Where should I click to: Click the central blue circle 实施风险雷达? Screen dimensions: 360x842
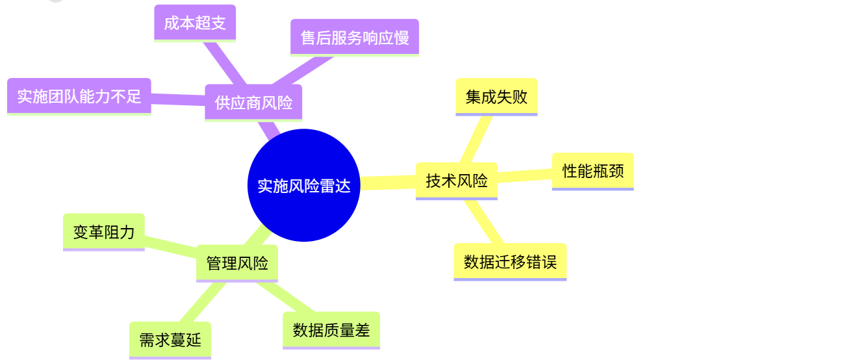coord(303,185)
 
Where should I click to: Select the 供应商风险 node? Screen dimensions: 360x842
coord(253,102)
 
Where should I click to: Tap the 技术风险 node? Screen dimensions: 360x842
coord(456,180)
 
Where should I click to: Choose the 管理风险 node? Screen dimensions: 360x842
coord(236,263)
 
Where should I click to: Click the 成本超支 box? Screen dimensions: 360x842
coord(195,23)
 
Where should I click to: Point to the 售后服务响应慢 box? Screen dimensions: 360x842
coord(354,37)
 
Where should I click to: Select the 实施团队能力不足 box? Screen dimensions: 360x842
coord(79,96)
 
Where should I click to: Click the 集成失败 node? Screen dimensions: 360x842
coord(496,96)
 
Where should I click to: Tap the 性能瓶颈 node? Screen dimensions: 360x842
coord(593,171)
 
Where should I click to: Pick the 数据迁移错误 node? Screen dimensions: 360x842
coord(510,261)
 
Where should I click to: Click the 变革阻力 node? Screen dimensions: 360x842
coord(104,231)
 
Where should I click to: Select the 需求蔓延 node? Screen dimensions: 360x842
coord(170,339)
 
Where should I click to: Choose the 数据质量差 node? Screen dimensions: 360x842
coord(331,329)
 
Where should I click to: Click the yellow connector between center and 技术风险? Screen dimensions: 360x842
coord(388,183)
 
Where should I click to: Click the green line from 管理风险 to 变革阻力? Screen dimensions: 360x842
coord(170,246)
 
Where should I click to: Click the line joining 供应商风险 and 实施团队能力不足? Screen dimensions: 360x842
coord(178,99)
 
